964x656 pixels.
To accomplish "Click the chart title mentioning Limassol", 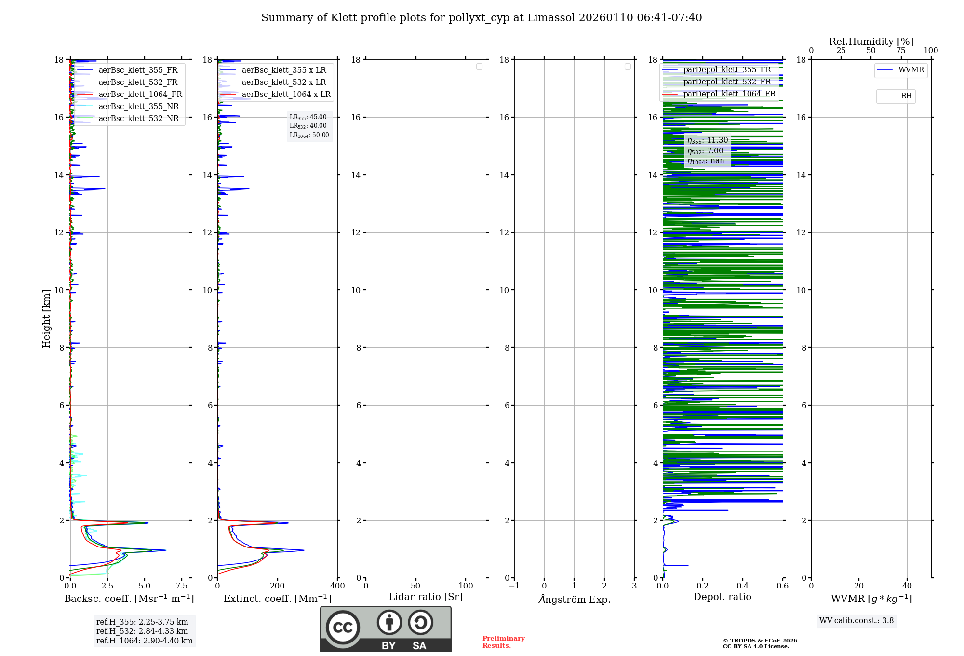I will (482, 18).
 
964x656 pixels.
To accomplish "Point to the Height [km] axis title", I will (46, 319).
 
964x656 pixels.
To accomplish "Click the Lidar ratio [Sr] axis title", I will (426, 597).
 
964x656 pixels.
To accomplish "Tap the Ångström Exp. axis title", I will (574, 600).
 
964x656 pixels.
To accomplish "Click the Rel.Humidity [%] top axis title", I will (871, 41).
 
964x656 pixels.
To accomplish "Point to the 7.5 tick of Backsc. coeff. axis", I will (182, 586).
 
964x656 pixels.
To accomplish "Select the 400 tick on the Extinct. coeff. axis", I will (337, 586).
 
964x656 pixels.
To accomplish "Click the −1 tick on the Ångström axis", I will (514, 586).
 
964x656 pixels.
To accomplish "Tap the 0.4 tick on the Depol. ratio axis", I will (743, 586).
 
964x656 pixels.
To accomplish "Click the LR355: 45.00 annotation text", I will (308, 117).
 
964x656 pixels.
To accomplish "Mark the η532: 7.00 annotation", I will (705, 151).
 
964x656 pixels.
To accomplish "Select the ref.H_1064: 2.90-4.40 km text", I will (145, 641).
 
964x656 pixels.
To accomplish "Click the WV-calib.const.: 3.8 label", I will (857, 621).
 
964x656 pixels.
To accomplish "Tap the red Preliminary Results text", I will (503, 642).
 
